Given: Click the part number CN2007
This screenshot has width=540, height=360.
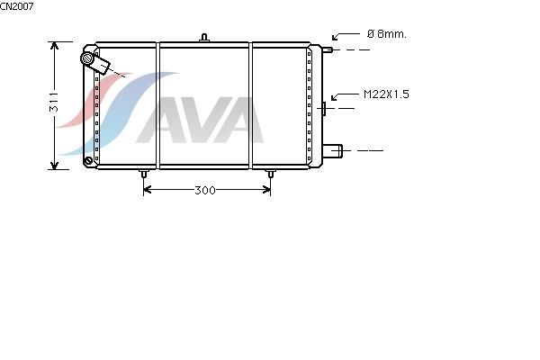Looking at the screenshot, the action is pos(16,6).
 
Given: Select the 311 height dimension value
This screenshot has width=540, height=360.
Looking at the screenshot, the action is pos(54,103).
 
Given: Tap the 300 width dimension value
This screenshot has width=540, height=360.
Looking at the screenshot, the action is pos(205,190).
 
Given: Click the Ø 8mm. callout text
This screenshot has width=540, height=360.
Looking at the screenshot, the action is pos(387,34).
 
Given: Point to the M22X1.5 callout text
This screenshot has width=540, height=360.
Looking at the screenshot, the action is pos(386,94).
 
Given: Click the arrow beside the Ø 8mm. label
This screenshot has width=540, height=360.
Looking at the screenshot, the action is pos(346,36).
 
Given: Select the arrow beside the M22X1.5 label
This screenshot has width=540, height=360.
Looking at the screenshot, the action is pos(345,95).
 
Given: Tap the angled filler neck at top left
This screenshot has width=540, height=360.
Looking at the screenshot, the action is pos(95,62).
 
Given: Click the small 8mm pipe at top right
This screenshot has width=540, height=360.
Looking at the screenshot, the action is pos(328,50).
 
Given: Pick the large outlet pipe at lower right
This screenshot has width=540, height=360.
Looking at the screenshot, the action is pos(332,151).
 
